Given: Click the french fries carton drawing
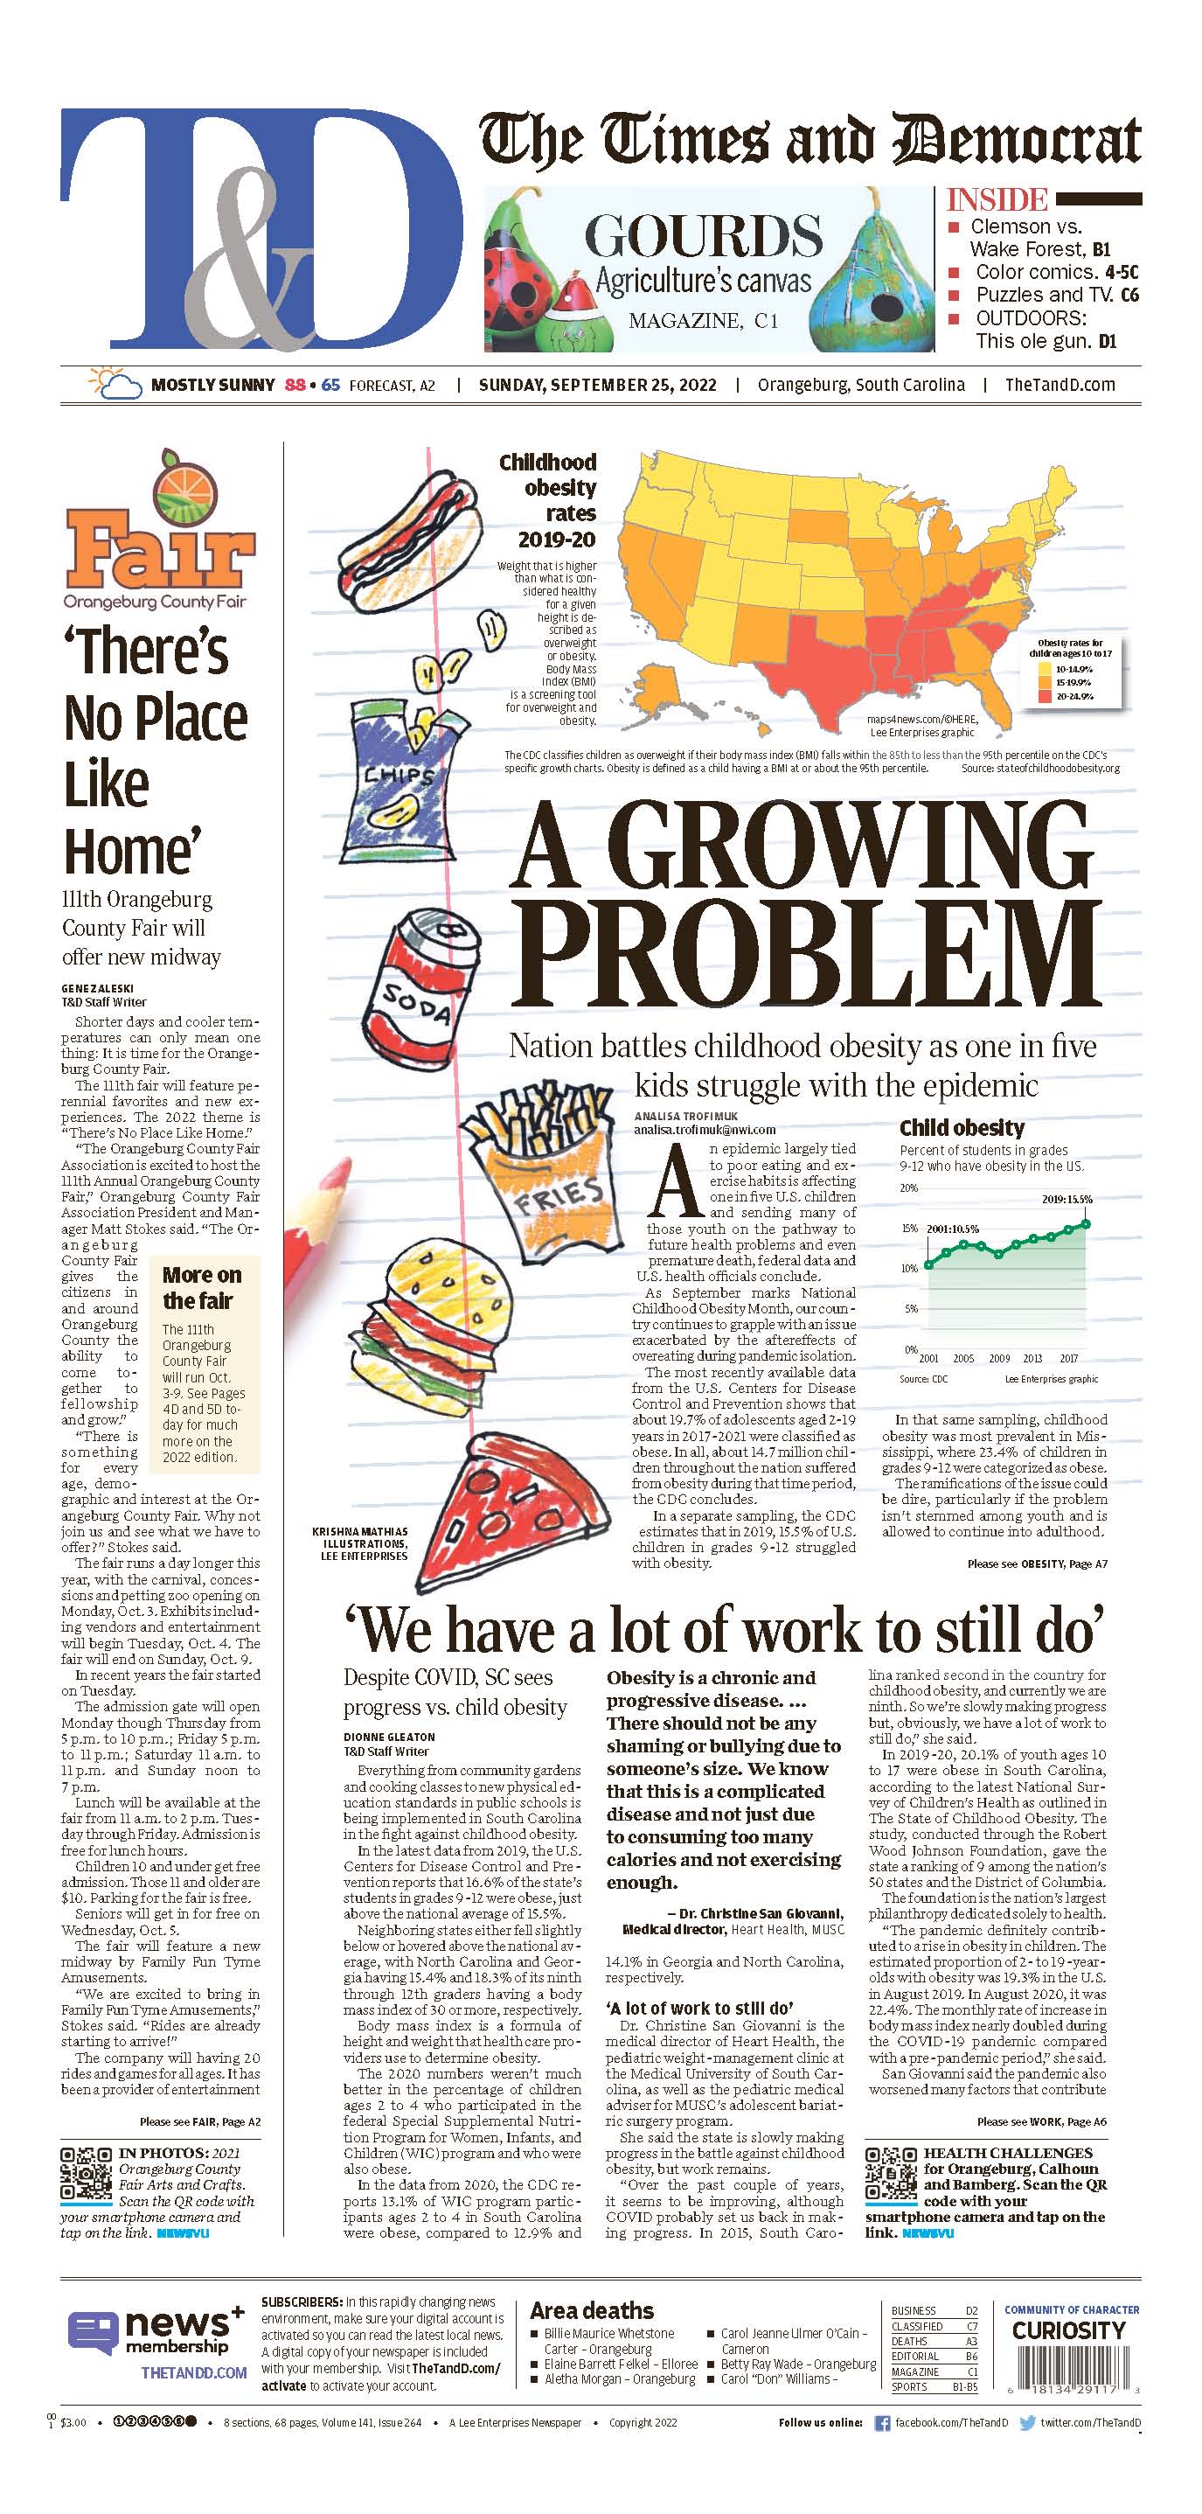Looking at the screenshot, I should coord(532,1167).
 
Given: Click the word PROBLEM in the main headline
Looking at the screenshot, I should coord(806,956).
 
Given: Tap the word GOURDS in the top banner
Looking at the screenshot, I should coord(703,236).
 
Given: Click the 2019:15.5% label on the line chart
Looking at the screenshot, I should coord(1067,1199).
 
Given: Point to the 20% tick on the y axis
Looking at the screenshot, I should coord(908,1187).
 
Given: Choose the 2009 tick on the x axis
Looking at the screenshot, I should coord(998,1357).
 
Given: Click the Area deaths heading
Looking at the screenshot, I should coord(591,2310).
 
